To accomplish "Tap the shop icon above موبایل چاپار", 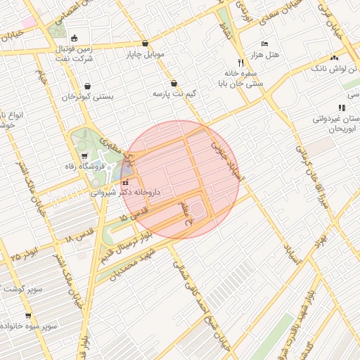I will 145,43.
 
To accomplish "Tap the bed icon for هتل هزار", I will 264,44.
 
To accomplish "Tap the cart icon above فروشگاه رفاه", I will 85,156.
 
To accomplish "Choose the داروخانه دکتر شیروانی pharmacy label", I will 126,191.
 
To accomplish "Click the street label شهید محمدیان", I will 135,266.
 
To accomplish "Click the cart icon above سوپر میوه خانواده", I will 27,316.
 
